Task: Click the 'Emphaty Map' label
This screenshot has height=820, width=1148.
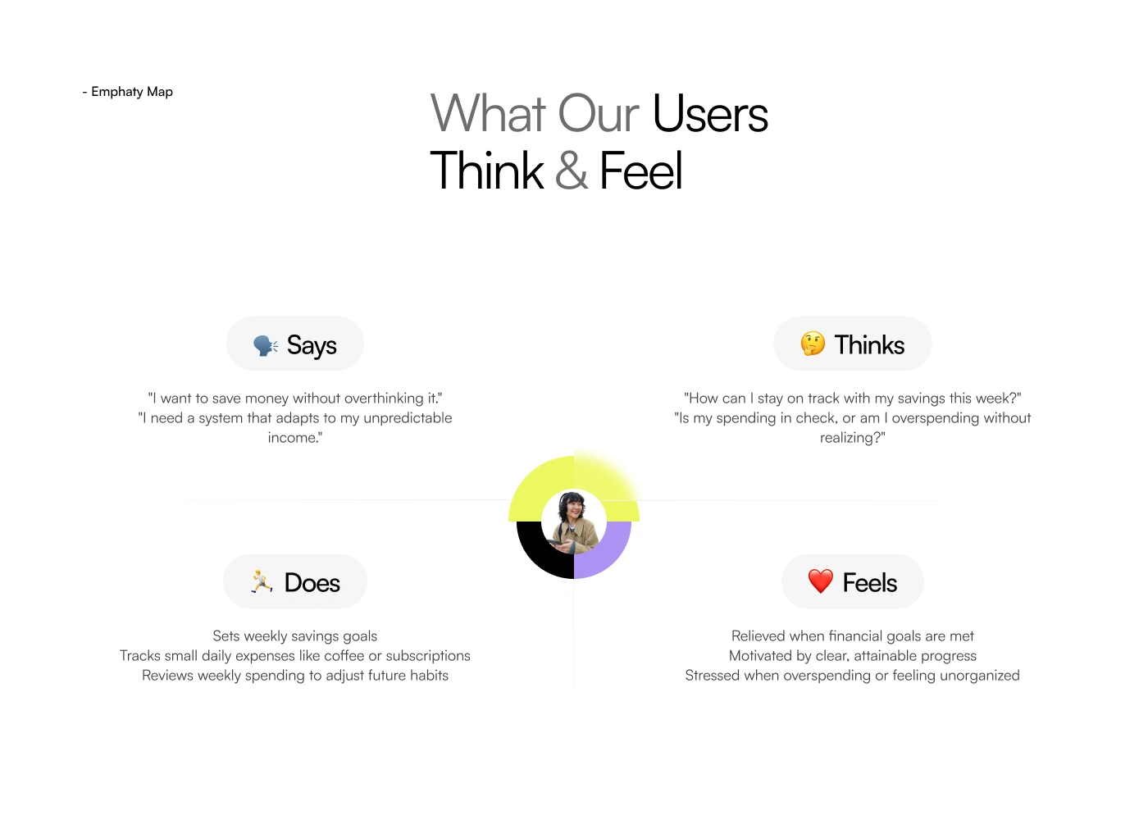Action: [x=132, y=92]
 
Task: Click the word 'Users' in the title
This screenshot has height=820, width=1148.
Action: [x=710, y=113]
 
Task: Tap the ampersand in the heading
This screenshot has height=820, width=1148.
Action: [x=571, y=170]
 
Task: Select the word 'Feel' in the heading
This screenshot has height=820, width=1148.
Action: [x=641, y=170]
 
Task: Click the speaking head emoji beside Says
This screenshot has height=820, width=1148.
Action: [x=266, y=345]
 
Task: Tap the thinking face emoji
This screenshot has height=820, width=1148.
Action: [x=813, y=344]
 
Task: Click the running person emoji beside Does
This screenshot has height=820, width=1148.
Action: [x=262, y=581]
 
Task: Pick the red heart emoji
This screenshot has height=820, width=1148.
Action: [x=821, y=581]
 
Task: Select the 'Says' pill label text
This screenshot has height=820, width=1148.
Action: [x=312, y=345]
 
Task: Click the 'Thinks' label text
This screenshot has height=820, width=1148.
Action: [x=869, y=344]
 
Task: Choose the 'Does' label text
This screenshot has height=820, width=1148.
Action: [x=312, y=583]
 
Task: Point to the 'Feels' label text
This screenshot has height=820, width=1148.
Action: [x=870, y=583]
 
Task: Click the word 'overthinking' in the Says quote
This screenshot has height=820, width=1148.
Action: [x=384, y=399]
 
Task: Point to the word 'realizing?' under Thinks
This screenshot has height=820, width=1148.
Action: [x=853, y=438]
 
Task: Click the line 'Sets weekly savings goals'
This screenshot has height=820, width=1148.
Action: [x=295, y=636]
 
